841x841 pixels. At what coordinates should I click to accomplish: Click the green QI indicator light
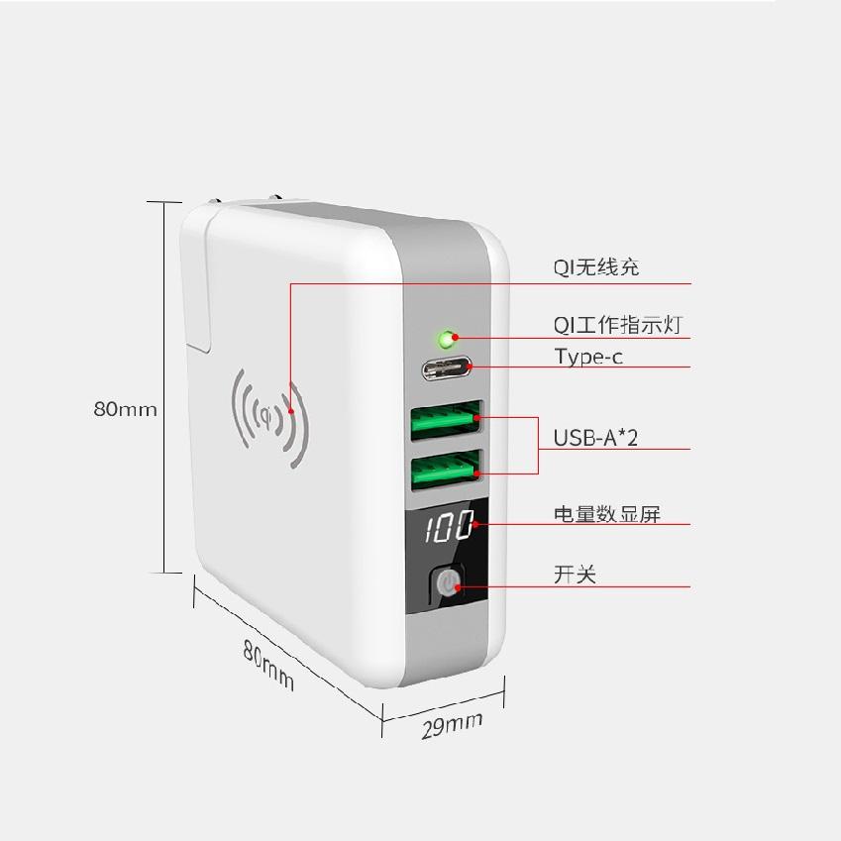(446, 339)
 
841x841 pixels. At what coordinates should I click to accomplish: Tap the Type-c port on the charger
(446, 368)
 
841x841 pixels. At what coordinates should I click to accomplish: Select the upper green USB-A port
(446, 420)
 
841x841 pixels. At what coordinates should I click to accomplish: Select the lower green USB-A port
(446, 470)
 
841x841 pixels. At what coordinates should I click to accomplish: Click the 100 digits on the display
(450, 526)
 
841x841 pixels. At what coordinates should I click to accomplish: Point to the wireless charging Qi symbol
(269, 417)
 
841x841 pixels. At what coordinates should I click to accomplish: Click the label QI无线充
(596, 266)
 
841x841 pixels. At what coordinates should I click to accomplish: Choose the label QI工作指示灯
(617, 325)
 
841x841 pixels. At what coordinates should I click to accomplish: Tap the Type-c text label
(588, 357)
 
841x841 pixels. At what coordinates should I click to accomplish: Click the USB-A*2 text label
(595, 438)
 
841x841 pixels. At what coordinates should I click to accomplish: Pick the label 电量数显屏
(606, 514)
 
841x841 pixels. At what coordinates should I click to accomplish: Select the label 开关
(575, 575)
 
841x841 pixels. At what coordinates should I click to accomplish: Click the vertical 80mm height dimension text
(126, 409)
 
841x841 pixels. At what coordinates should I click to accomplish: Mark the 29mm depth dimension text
(452, 726)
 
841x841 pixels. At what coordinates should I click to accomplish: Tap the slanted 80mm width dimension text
(268, 665)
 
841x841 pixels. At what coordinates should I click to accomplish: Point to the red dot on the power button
(458, 587)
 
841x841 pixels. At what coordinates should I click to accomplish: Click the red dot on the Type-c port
(470, 367)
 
